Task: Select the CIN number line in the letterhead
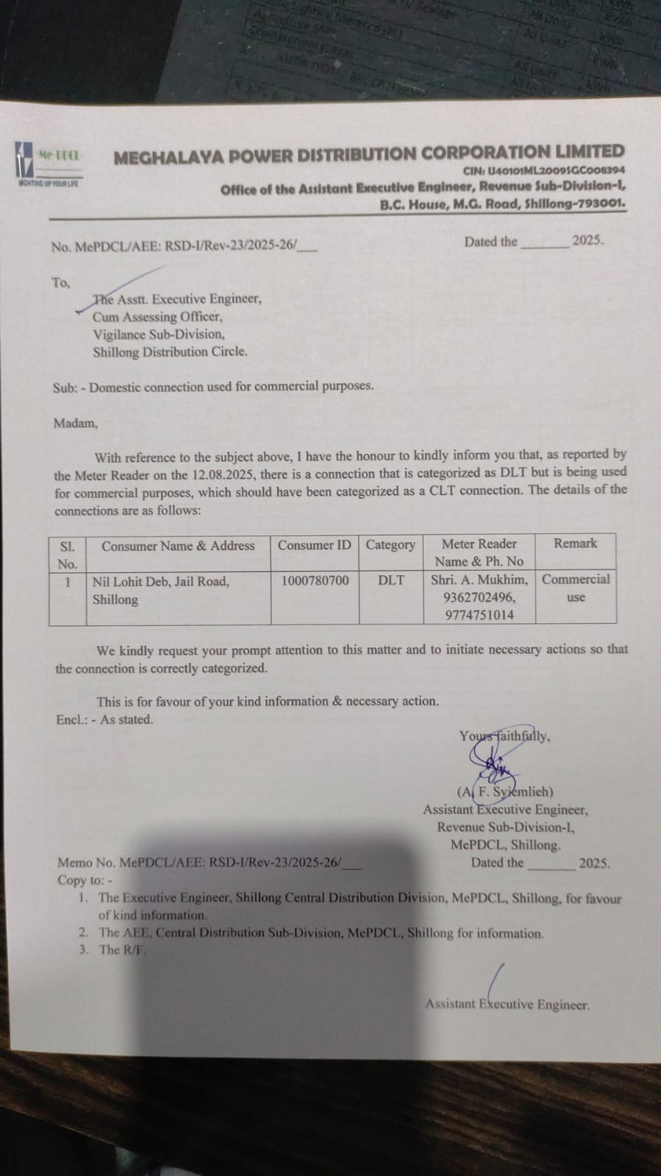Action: tap(544, 170)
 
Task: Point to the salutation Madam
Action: tap(75, 423)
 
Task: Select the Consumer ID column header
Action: tap(315, 545)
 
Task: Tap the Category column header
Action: tap(390, 545)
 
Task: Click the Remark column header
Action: tap(575, 544)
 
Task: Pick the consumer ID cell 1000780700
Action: tap(315, 580)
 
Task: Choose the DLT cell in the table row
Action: tap(391, 580)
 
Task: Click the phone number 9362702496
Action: tap(479, 597)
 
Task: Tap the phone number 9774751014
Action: tap(479, 615)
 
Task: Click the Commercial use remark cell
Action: tap(576, 588)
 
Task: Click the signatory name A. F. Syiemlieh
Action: tap(505, 792)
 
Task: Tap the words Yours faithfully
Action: tap(504, 735)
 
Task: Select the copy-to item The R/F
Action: tap(123, 949)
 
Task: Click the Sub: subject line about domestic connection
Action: tap(213, 386)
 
